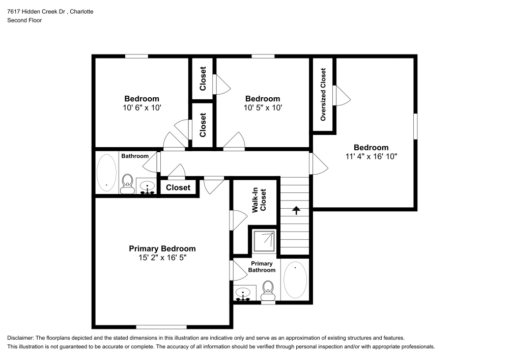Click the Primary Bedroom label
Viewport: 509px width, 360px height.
point(162,248)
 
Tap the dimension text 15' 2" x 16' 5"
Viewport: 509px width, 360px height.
point(162,258)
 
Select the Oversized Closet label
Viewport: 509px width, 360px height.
point(323,95)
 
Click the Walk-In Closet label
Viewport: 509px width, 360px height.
point(260,201)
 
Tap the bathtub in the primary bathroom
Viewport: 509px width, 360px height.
point(295,280)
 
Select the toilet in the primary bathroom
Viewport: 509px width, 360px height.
point(268,291)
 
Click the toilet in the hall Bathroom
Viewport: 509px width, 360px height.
point(127,182)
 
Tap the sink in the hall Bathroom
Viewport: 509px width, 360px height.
point(148,187)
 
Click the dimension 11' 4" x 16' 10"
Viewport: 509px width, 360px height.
point(371,157)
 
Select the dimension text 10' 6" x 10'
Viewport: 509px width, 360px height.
point(142,108)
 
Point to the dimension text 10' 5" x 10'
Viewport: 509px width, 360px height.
point(263,108)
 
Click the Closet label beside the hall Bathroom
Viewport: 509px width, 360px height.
point(178,187)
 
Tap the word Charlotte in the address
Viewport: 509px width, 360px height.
point(79,11)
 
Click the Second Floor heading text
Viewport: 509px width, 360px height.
point(24,20)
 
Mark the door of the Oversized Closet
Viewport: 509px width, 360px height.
point(340,95)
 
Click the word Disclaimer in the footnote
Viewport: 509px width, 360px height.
point(20,338)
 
